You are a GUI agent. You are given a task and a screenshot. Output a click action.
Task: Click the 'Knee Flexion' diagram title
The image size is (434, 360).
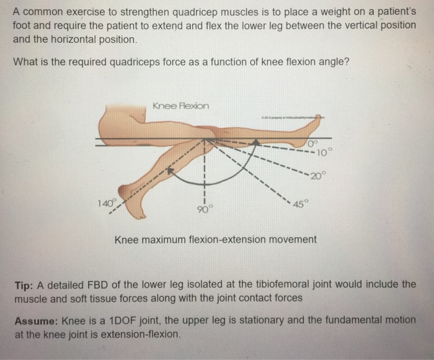pos(180,106)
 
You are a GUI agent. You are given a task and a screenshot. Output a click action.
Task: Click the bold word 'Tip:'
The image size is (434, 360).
pos(27,285)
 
